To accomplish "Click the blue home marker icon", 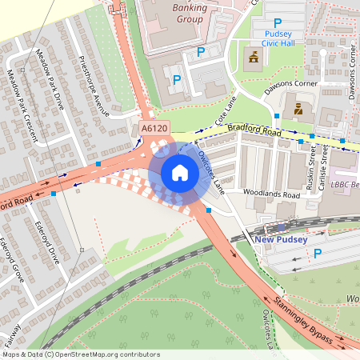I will pyautogui.click(x=179, y=172).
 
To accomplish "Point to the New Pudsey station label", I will pyautogui.click(x=281, y=239).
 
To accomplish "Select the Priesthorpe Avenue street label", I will pyautogui.click(x=95, y=86).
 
